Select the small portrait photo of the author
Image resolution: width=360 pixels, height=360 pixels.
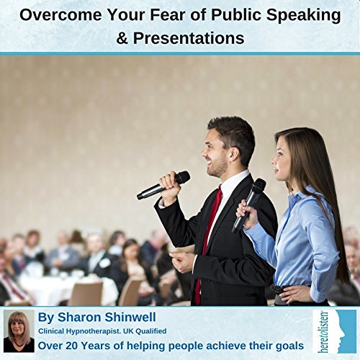19,332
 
